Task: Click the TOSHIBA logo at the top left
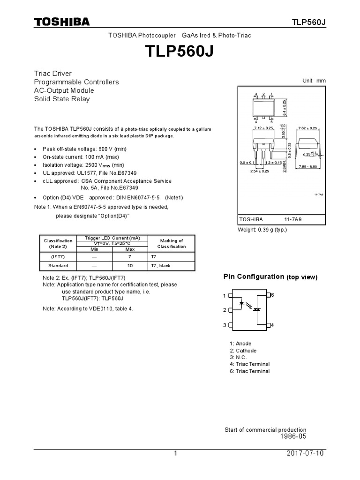point(61,22)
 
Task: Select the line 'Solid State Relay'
point(62,99)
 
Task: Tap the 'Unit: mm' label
point(315,81)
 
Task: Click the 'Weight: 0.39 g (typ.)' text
point(262,230)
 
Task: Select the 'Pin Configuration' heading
point(254,277)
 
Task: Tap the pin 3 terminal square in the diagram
point(230,325)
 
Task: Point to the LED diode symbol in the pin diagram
point(242,303)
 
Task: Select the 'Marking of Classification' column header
point(172,243)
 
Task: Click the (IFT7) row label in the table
point(58,256)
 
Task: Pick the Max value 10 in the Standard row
point(130,266)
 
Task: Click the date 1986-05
point(293,436)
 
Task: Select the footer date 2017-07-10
point(304,454)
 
